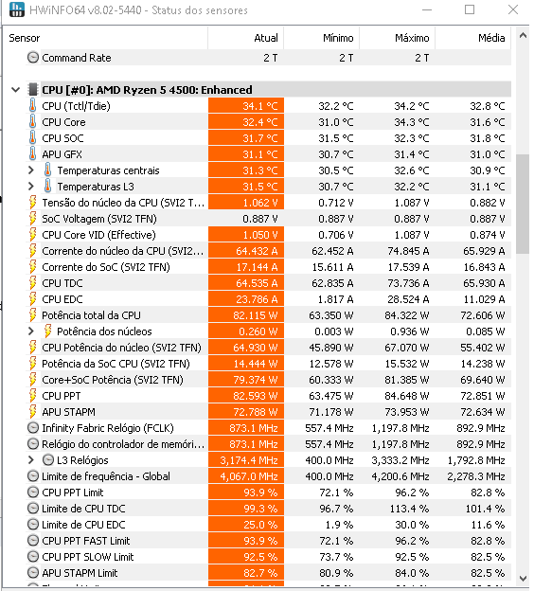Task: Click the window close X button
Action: click(x=513, y=9)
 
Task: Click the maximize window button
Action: click(x=470, y=9)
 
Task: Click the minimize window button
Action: click(x=427, y=10)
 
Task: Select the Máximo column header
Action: click(x=412, y=38)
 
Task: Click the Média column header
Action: click(x=491, y=38)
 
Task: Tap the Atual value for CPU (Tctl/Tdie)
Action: click(x=260, y=106)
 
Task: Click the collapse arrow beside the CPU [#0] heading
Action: click(x=15, y=90)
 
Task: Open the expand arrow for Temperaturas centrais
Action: click(x=31, y=170)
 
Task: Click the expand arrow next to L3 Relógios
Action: click(x=31, y=460)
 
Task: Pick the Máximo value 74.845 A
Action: click(x=408, y=251)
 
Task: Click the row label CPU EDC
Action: click(x=62, y=299)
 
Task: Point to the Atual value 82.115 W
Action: click(x=255, y=315)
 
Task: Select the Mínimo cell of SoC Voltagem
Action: click(x=336, y=219)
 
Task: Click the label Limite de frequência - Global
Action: click(x=106, y=476)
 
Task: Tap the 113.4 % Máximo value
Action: click(x=409, y=509)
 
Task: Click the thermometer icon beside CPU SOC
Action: click(x=33, y=138)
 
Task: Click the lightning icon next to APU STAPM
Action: click(x=33, y=412)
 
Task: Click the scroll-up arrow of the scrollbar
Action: click(x=523, y=36)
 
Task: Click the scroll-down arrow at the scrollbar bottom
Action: click(x=523, y=578)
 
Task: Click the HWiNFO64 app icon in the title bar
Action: click(x=17, y=9)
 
